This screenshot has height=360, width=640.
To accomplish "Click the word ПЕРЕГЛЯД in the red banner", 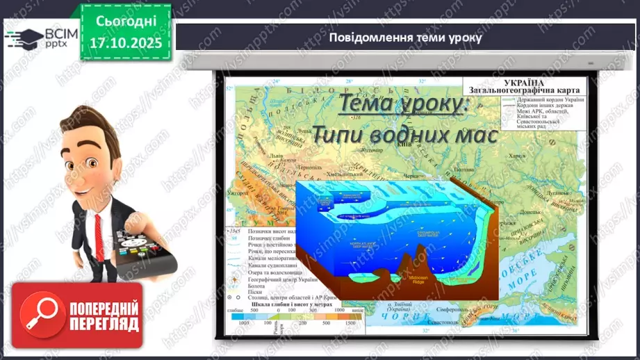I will pyautogui.click(x=104, y=324).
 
